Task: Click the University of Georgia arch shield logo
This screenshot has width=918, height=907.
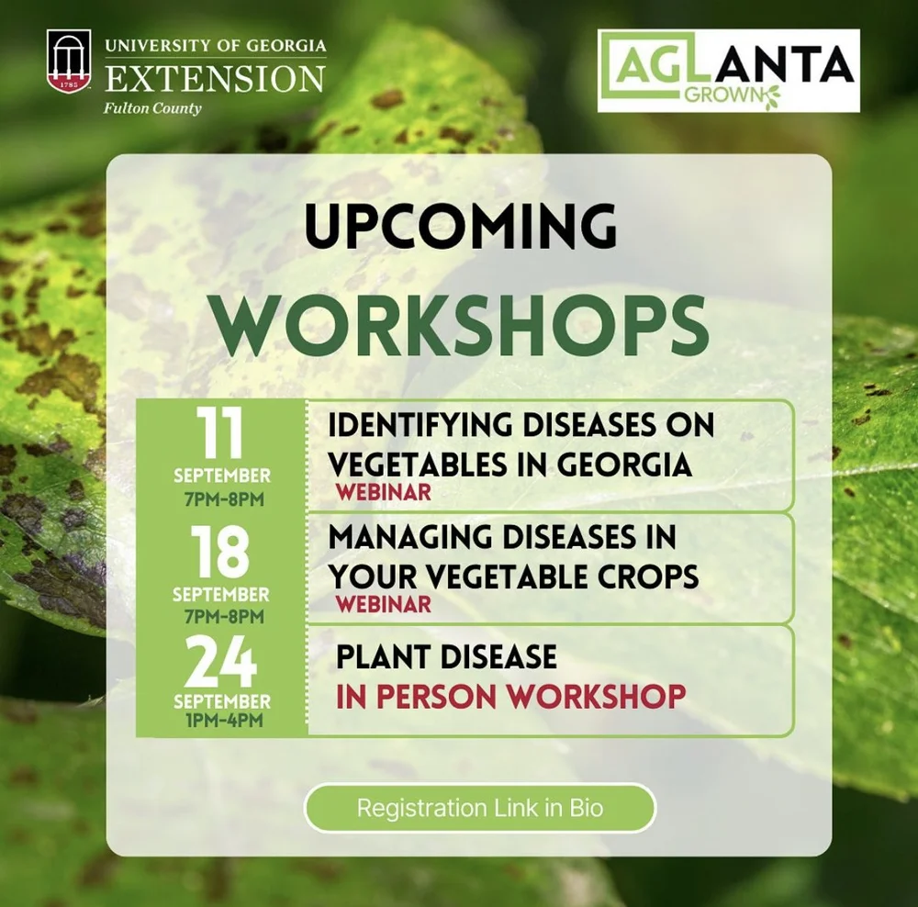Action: coord(70,62)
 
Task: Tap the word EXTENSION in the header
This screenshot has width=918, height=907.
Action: coord(215,78)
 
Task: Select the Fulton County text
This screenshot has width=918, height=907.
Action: coord(153,108)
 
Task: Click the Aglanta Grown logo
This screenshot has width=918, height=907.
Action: coord(728,71)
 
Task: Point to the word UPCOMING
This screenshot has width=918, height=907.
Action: coord(461,227)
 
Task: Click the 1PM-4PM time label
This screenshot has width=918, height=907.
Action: coord(221,720)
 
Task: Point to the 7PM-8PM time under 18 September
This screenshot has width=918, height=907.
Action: coord(221,614)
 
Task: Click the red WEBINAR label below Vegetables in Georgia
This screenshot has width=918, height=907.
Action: coord(383,492)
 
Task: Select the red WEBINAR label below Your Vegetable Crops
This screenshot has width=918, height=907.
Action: coord(383,604)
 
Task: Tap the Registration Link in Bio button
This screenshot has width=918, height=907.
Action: coord(480,809)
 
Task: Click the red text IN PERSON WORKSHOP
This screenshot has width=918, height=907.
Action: coord(510,696)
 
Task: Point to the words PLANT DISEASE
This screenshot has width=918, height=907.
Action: coord(446,657)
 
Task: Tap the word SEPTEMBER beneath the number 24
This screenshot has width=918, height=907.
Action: coord(221,702)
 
